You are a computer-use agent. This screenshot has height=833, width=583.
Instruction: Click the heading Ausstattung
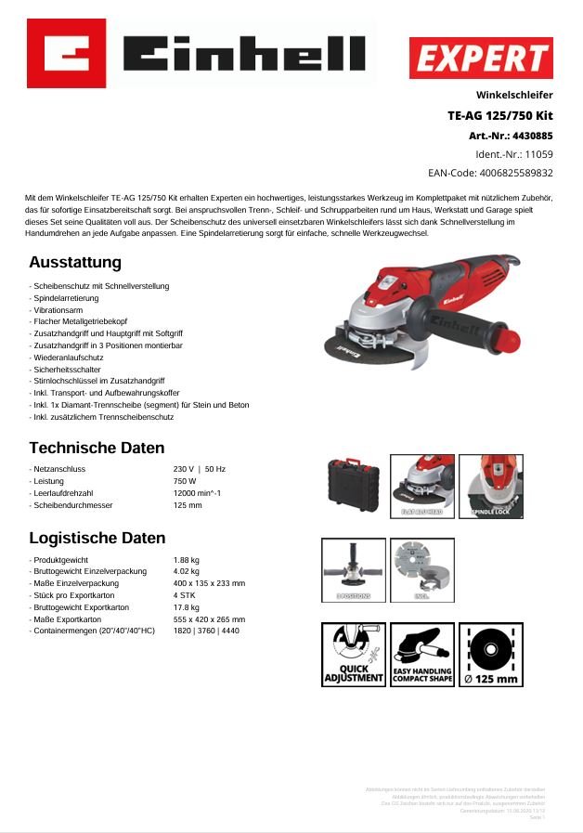(75, 263)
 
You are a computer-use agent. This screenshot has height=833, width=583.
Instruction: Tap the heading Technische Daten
(97, 448)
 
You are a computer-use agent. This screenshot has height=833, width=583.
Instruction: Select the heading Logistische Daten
(97, 538)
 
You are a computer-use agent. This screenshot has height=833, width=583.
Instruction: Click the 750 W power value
(185, 481)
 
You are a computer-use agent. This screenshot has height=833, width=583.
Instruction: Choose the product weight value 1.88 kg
(187, 560)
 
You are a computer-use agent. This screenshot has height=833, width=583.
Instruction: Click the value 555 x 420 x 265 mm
(209, 618)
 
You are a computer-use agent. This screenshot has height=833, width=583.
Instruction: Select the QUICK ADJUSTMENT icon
(354, 655)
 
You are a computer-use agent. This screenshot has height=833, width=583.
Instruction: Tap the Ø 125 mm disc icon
(490, 655)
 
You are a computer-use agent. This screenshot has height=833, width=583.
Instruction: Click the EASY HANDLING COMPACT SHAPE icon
(422, 655)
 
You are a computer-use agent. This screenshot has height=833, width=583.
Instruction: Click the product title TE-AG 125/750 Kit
(499, 116)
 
